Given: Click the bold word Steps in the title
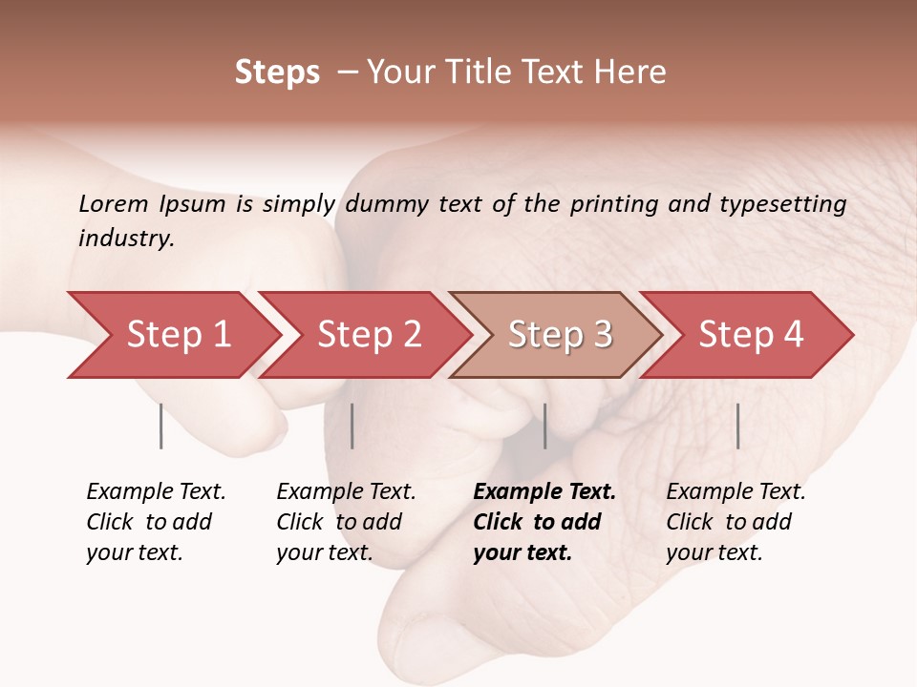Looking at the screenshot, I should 277,73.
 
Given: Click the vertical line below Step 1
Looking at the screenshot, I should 161,426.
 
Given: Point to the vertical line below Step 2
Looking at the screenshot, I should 352,426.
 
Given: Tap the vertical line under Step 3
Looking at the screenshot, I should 545,426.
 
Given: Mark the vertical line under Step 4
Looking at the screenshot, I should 737,426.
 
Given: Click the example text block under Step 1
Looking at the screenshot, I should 156,522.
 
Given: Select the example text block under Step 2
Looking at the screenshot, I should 346,522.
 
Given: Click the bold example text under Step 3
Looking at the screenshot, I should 544,522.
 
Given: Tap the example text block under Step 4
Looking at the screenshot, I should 736,522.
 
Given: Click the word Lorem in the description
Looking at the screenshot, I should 114,204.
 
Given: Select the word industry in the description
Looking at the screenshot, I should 125,239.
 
